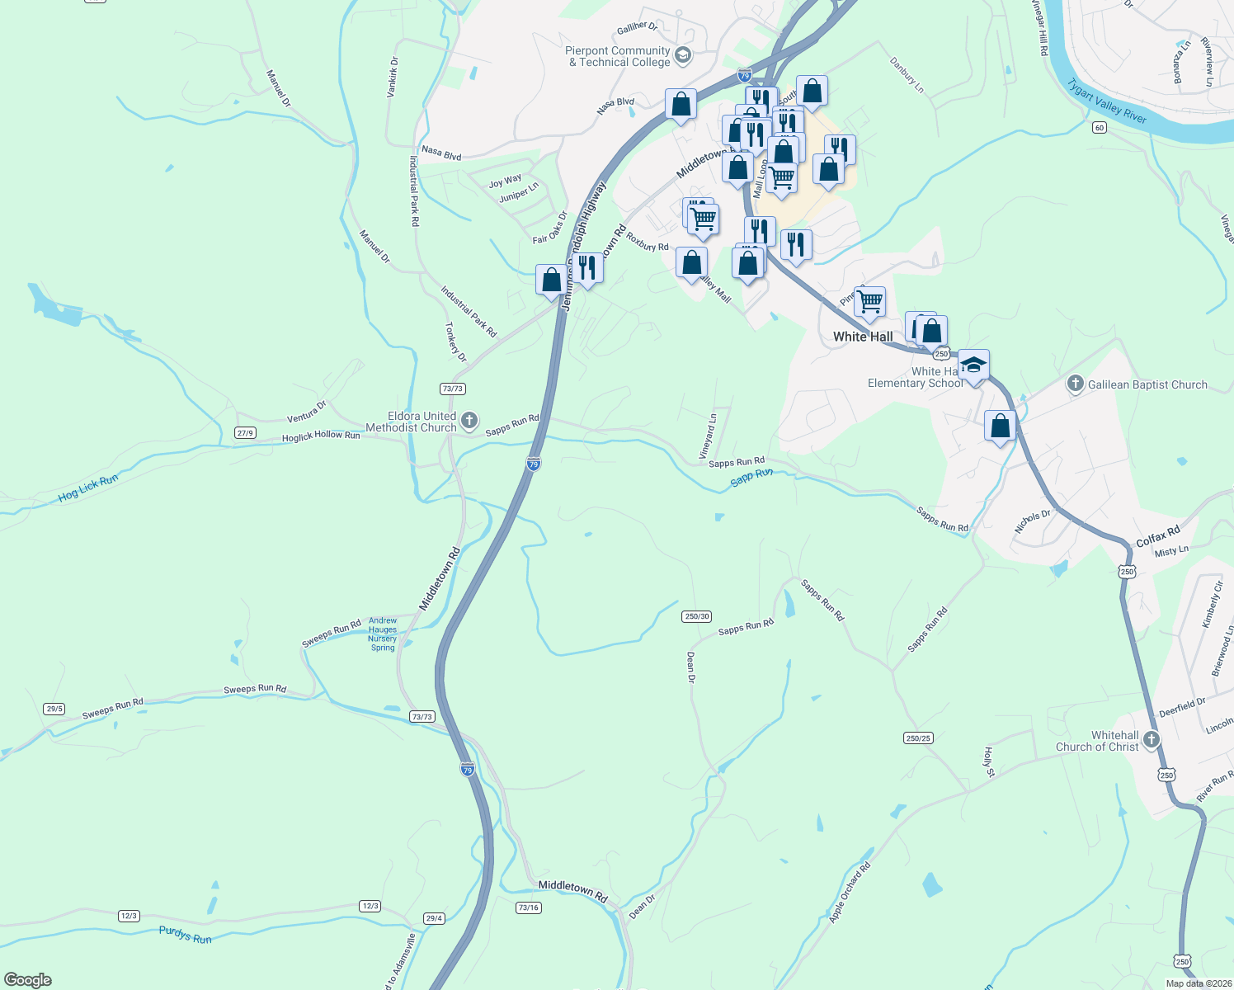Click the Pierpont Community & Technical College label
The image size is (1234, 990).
(x=618, y=56)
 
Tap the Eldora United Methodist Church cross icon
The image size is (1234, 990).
(x=469, y=422)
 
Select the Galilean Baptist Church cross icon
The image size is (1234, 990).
(x=1075, y=384)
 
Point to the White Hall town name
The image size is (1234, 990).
(x=863, y=337)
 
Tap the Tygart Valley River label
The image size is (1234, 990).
(x=1107, y=101)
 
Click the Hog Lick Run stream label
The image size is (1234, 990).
(x=88, y=488)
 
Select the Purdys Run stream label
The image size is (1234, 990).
(x=186, y=935)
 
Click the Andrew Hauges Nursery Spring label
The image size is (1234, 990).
(x=383, y=634)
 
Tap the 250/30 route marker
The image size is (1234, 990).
(x=697, y=616)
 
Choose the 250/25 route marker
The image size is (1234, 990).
(x=918, y=738)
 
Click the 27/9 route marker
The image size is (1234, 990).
(x=245, y=432)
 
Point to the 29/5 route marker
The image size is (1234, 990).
(x=54, y=709)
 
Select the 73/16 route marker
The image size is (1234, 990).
(x=528, y=907)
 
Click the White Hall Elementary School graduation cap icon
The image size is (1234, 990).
(x=973, y=365)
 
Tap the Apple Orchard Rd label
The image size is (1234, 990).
(x=850, y=893)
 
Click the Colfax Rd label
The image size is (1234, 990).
(x=1158, y=536)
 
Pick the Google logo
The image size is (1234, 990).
(x=28, y=980)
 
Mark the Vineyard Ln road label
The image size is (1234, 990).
(x=708, y=437)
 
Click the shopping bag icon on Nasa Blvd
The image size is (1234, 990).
(x=681, y=105)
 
